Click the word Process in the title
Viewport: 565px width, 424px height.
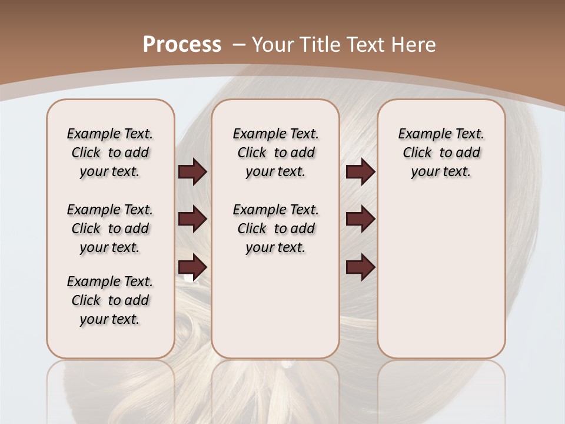click(182, 45)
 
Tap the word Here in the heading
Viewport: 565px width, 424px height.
click(414, 45)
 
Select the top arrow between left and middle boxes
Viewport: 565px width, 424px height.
click(192, 171)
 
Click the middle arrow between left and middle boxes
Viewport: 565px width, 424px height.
click(192, 219)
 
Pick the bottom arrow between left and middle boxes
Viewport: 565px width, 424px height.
click(192, 267)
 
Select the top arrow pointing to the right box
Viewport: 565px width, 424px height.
click(360, 171)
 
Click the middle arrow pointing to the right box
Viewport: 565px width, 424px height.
click(360, 219)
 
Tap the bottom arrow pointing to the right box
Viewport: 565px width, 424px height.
click(360, 267)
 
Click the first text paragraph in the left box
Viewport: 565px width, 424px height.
click(110, 153)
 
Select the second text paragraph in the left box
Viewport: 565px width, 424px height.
click(110, 228)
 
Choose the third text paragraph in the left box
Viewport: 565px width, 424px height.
click(110, 300)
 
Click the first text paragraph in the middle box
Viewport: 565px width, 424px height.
click(275, 153)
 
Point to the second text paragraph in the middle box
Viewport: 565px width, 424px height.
click(275, 228)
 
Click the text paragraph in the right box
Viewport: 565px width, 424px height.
click(441, 153)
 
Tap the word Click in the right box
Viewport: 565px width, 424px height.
click(417, 153)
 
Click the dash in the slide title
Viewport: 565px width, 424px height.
click(239, 45)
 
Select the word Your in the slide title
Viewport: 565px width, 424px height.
click(274, 45)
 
